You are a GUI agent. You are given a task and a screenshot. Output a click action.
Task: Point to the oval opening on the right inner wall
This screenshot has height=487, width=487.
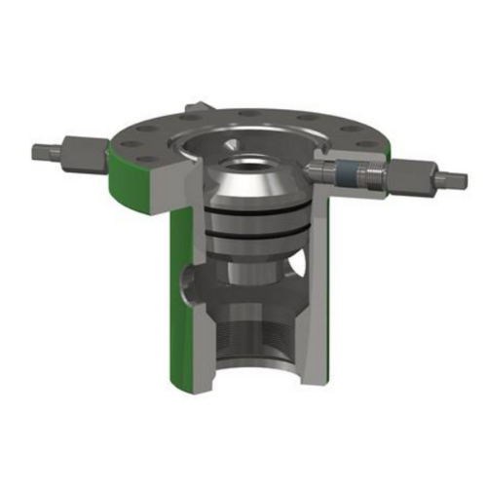point(309,268)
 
